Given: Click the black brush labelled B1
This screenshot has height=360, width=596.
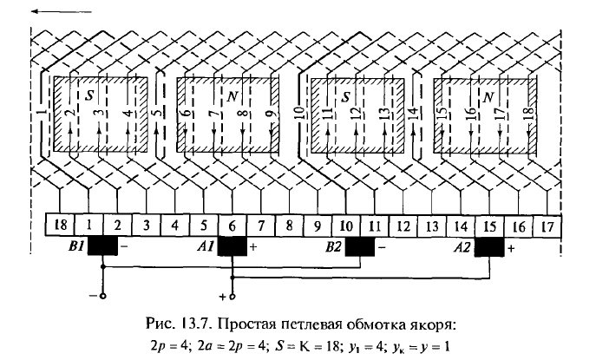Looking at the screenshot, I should (x=102, y=246).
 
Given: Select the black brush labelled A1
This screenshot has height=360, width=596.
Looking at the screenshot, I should (x=232, y=246).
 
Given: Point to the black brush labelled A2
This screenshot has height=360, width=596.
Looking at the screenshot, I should (x=488, y=246).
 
